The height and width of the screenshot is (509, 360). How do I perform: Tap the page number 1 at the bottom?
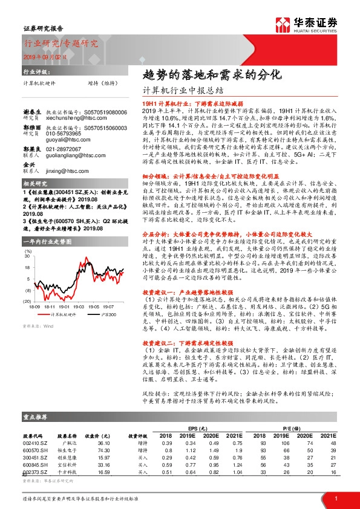click(336, 498)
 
